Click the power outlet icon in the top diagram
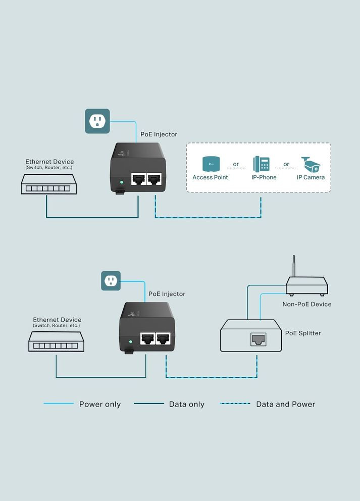tap(97, 121)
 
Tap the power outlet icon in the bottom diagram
tap(111, 281)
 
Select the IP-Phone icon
tap(261, 164)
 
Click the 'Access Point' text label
tap(210, 177)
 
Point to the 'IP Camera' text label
tap(311, 177)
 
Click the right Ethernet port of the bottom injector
tap(163, 338)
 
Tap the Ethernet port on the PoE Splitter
tap(259, 339)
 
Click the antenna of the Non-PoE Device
tap(294, 268)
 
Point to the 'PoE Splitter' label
tap(303, 333)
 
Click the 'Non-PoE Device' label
tap(307, 304)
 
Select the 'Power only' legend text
tap(100, 404)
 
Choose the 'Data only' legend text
tap(187, 404)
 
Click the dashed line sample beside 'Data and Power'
tap(235, 404)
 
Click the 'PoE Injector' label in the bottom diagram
tap(167, 294)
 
